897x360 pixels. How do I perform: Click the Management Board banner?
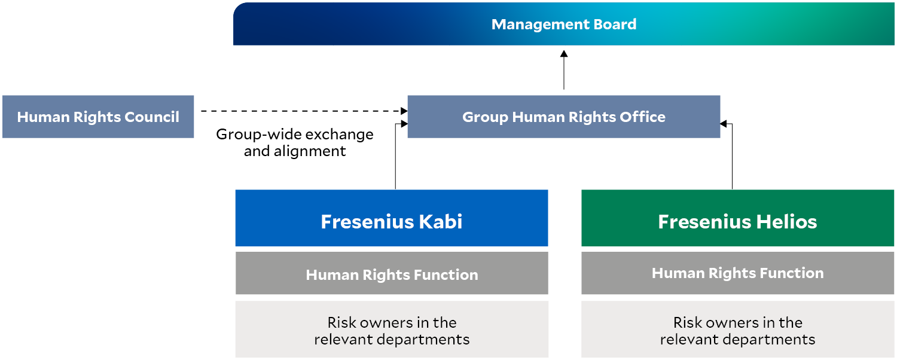[x=563, y=24]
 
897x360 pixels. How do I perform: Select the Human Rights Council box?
[x=98, y=117]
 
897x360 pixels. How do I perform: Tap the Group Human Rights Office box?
[x=564, y=117]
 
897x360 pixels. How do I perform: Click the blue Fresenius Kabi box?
[x=392, y=218]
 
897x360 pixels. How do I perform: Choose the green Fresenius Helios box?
[x=737, y=218]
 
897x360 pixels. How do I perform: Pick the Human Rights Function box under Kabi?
[x=392, y=273]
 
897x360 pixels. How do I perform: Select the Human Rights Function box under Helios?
[x=737, y=273]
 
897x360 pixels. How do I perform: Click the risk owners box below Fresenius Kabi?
[x=392, y=329]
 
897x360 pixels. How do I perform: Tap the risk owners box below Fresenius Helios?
[x=737, y=329]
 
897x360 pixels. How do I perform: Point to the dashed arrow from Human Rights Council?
[x=304, y=111]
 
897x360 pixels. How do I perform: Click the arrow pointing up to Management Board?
[x=564, y=70]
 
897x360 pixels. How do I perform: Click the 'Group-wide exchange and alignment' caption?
[x=295, y=142]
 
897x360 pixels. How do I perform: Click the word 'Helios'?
[x=786, y=221]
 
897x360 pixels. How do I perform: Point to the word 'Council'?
[x=152, y=117]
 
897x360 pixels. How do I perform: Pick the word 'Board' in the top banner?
[x=615, y=25]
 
